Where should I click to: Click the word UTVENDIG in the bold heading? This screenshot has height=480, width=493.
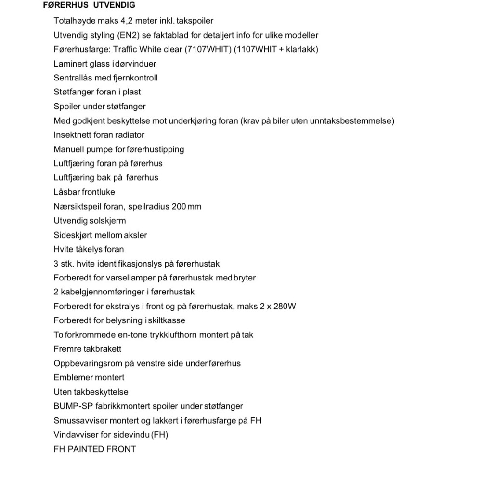(x=114, y=5)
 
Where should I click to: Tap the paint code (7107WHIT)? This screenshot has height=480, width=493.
(x=208, y=49)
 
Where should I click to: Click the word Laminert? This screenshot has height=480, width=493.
(x=70, y=64)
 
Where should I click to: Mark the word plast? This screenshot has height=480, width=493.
(x=131, y=92)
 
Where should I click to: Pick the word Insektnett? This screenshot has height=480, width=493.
(x=72, y=135)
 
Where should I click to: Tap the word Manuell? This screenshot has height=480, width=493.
(x=69, y=149)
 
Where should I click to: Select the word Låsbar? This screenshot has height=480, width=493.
(x=66, y=192)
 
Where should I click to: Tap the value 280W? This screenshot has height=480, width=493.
(x=285, y=306)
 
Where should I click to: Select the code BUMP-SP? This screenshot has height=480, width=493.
(x=73, y=406)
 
